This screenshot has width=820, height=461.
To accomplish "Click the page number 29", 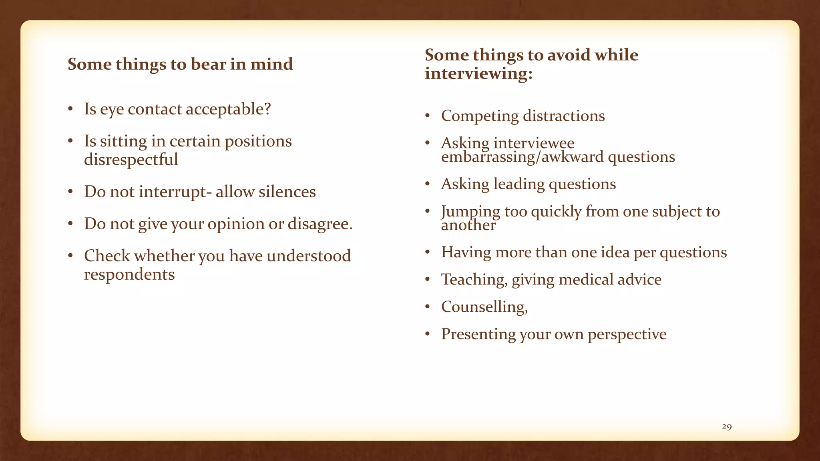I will click(727, 427).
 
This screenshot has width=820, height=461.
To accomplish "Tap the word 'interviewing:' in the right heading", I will click(478, 74).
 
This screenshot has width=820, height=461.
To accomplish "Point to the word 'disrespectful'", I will click(131, 160).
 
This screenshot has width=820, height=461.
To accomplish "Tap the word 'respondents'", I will click(129, 275).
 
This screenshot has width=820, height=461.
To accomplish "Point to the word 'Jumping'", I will click(470, 212).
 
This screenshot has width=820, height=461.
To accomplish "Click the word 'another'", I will click(468, 225).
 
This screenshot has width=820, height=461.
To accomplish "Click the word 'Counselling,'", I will click(484, 307).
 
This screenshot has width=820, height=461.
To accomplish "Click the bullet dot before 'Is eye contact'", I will click(70, 109).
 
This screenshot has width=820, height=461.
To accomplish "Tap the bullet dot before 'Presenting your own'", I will click(428, 334).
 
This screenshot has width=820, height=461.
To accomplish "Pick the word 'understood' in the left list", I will click(308, 256).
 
